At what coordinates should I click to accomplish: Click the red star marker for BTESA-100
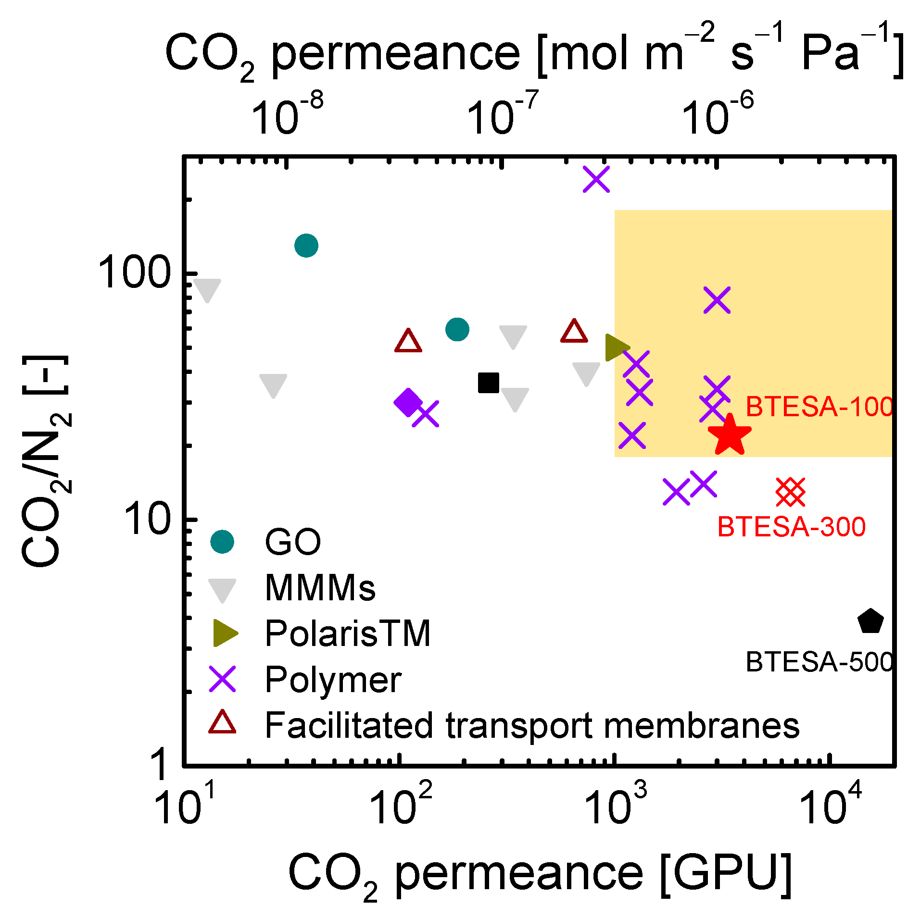tap(730, 435)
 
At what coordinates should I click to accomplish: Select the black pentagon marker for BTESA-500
tap(870, 622)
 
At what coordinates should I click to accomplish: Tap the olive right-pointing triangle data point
tap(616, 347)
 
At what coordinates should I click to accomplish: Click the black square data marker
tap(489, 383)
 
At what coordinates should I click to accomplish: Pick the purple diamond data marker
tap(408, 402)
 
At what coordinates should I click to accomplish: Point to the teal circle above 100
tap(306, 246)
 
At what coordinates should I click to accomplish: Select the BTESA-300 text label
tap(792, 527)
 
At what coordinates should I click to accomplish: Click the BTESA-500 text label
tap(819, 662)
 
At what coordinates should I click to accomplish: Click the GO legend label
tap(292, 542)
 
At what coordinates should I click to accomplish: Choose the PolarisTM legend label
tap(348, 633)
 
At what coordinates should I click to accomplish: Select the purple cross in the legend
tap(223, 679)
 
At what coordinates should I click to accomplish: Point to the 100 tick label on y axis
tap(135, 273)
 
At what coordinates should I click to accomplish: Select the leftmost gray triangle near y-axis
tap(207, 290)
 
